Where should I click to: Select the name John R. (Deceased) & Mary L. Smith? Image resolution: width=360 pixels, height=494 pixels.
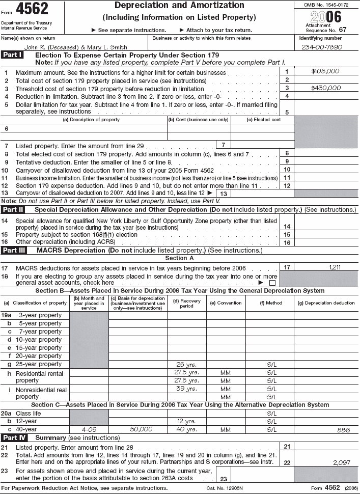pyautogui.click(x=69, y=47)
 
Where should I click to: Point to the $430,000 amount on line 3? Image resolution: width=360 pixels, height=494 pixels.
pyautogui.click(x=326, y=88)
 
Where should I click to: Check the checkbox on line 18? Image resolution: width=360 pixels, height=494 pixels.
pyautogui.click(x=272, y=282)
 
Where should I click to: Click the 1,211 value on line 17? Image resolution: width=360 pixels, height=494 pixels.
pyautogui.click(x=335, y=267)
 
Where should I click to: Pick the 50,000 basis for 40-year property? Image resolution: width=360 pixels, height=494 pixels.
pyautogui.click(x=141, y=429)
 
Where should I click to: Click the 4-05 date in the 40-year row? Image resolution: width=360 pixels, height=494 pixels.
pyautogui.click(x=89, y=429)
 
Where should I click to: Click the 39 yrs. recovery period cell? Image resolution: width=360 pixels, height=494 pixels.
pyautogui.click(x=186, y=389)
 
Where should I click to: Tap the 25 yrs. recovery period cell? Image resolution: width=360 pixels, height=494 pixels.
pyautogui.click(x=186, y=364)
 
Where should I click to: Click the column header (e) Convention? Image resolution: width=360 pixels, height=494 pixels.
pyautogui.click(x=226, y=303)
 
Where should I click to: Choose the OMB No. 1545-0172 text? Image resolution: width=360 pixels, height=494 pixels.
pyautogui.click(x=324, y=5)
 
